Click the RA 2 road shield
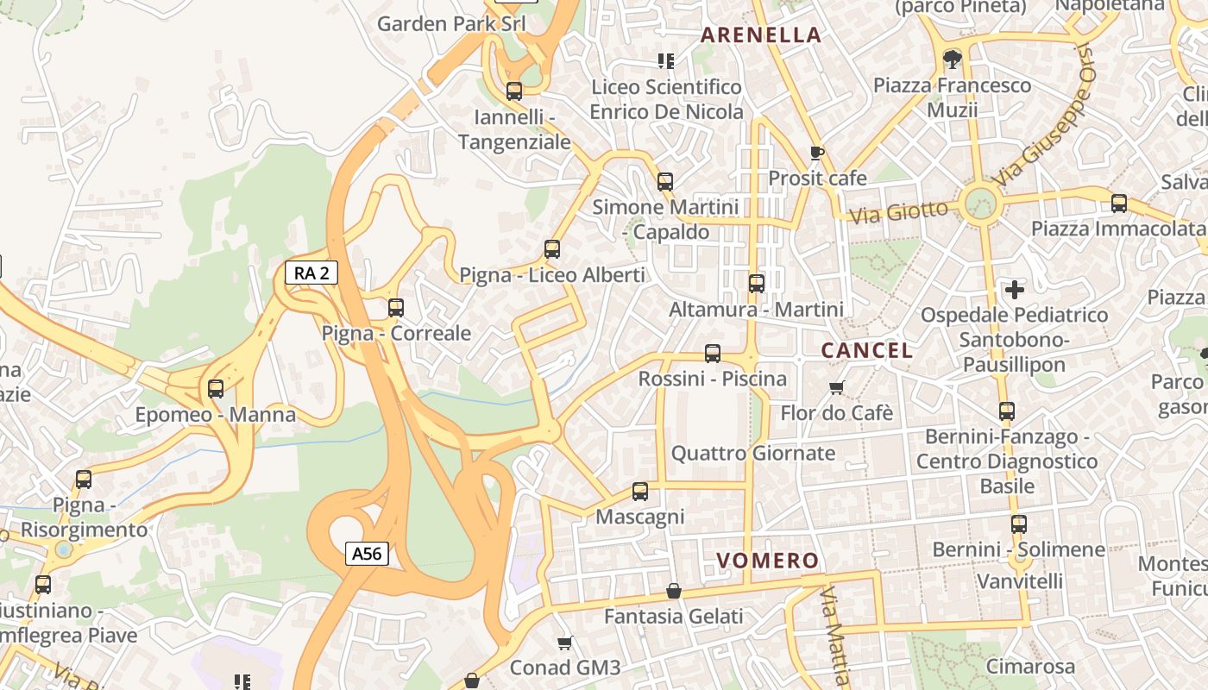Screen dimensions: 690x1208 [311, 273]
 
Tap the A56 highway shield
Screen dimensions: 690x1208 [367, 554]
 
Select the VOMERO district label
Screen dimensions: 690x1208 [767, 561]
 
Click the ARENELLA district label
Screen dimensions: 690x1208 [760, 35]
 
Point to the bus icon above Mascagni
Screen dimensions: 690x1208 [639, 492]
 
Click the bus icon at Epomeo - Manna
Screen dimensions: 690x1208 [216, 389]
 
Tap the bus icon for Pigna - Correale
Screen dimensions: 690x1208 [396, 308]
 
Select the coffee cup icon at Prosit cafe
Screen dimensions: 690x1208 [817, 153]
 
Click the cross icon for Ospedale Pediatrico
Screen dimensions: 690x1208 [1014, 289]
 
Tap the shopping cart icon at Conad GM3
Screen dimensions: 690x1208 [565, 643]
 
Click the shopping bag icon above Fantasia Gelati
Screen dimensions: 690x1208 [674, 591]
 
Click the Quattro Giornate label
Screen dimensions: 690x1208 [753, 453]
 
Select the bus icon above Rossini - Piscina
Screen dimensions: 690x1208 [713, 353]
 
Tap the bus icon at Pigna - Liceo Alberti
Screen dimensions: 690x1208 [552, 249]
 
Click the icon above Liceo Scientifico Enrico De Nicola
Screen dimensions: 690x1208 [666, 60]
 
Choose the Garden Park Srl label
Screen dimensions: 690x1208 [451, 23]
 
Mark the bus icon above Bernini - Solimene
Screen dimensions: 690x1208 [1019, 524]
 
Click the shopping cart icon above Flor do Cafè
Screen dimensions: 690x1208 [836, 387]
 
